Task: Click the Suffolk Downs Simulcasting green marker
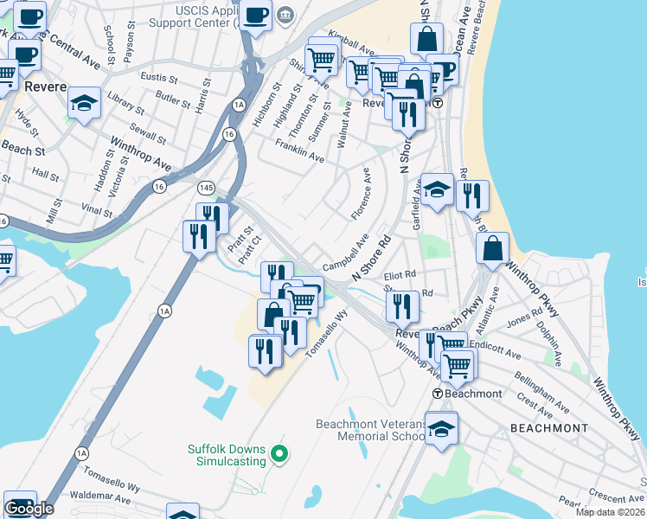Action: point(279,452)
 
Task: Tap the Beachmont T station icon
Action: point(439,394)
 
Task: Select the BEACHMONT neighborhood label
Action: point(548,428)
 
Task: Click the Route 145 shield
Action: point(206,188)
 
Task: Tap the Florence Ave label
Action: point(361,200)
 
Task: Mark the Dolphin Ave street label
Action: point(547,340)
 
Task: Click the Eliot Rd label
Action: point(400,276)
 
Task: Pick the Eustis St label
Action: point(158,78)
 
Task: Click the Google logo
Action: point(29,509)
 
